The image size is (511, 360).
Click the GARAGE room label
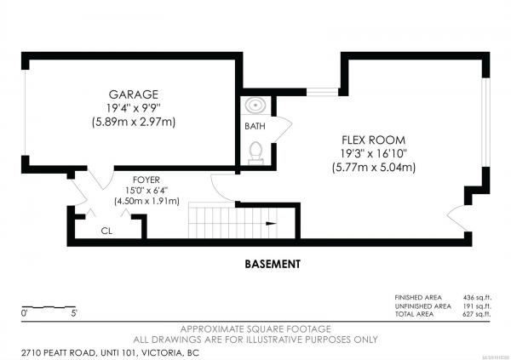coord(134,94)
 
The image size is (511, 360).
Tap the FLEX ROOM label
coord(374,140)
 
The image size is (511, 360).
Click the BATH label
coord(255,126)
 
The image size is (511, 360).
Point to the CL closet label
coord(106,231)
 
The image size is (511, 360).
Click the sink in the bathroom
coord(255,106)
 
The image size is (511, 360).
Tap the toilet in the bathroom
coord(255,152)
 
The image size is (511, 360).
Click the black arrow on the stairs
coord(271,224)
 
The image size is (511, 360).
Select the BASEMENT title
coord(273,264)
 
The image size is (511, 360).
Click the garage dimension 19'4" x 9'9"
coord(134,108)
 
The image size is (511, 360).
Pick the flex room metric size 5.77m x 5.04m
coord(374,168)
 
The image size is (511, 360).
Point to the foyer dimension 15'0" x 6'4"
coord(146,191)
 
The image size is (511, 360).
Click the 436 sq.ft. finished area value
coord(477,298)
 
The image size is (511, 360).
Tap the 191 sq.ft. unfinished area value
coord(477,306)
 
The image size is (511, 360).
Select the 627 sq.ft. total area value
coord(477,314)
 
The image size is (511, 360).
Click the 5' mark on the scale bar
coord(74,313)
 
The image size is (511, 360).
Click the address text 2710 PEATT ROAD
coord(59,353)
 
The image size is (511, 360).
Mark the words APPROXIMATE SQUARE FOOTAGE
coord(255,329)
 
